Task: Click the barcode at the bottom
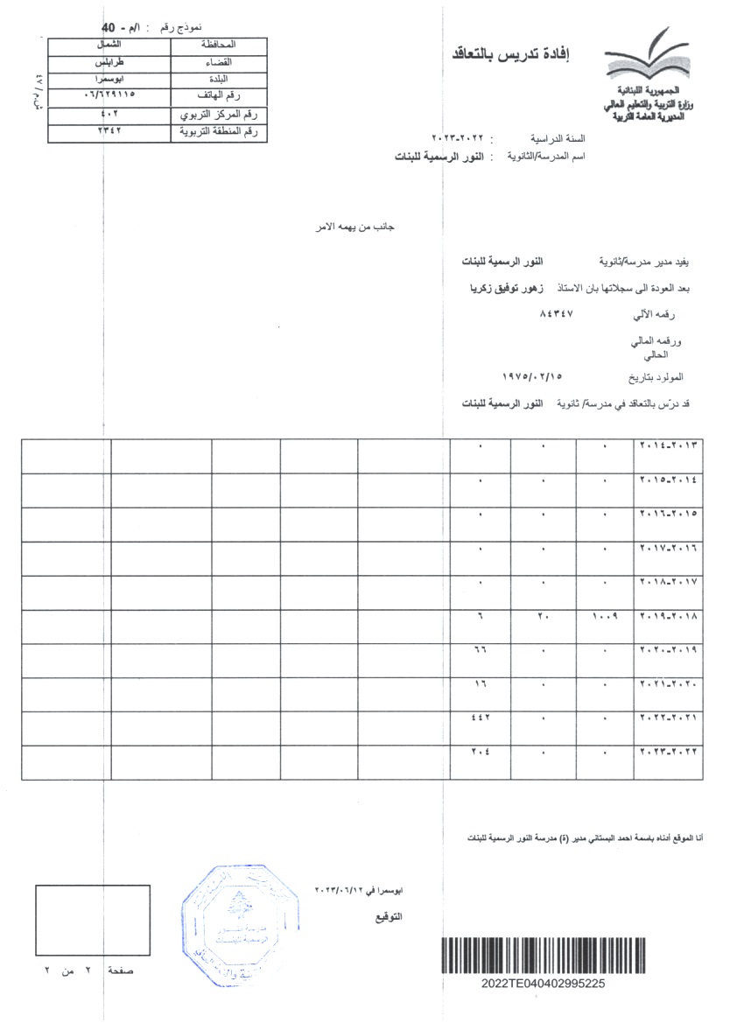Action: click(543, 954)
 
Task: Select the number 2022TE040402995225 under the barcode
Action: click(543, 983)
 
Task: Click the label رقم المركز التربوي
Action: click(220, 114)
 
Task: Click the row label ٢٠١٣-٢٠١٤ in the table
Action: click(670, 445)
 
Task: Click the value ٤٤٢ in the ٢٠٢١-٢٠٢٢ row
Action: click(480, 718)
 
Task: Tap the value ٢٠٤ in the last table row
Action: click(480, 752)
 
